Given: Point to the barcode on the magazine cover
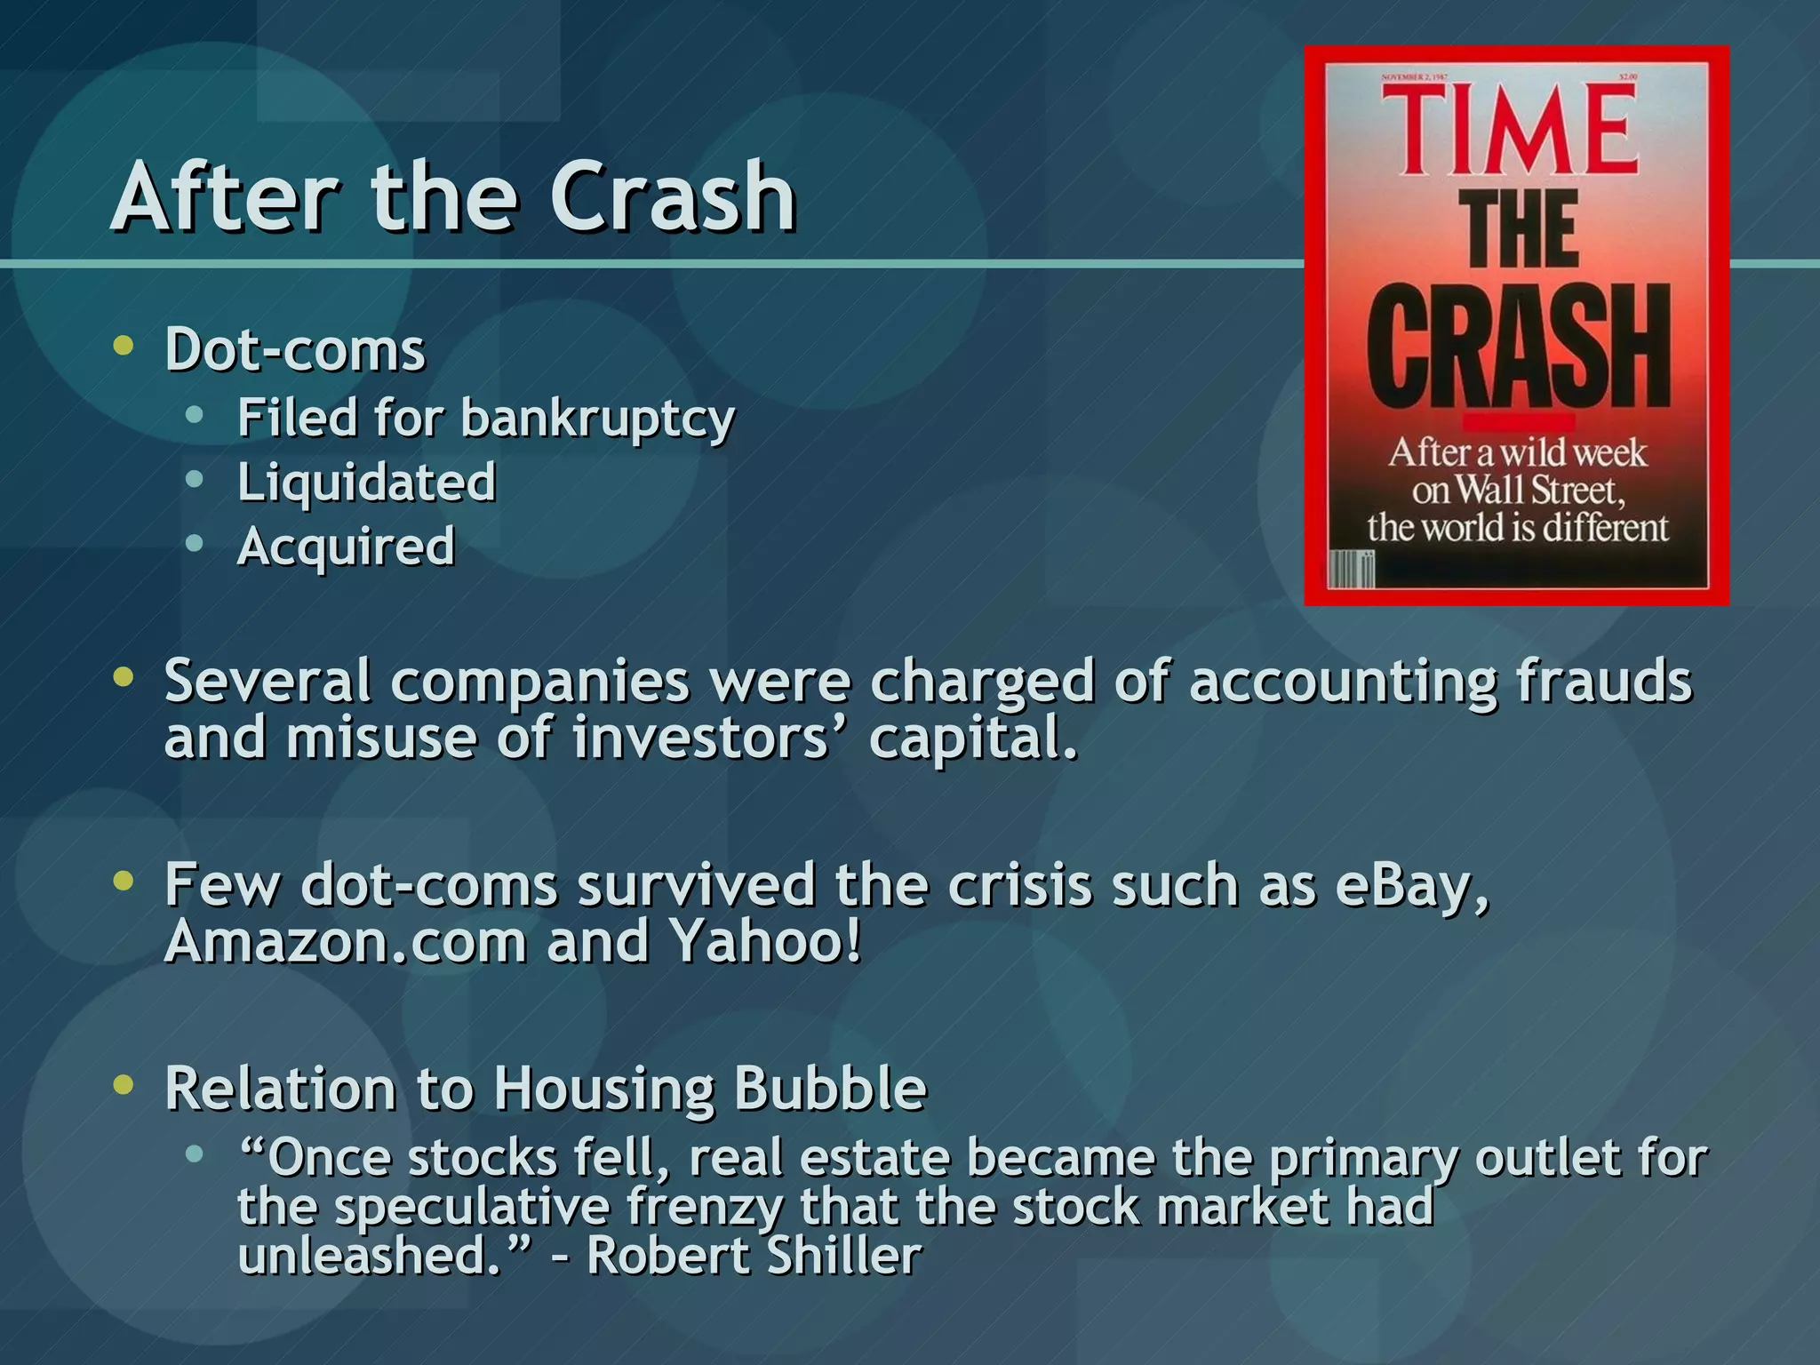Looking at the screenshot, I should point(1352,569).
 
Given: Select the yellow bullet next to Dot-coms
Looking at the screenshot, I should point(124,346).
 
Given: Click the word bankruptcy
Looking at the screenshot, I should point(597,418).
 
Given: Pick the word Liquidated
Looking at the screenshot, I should point(366,483).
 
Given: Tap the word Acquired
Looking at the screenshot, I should point(346,547).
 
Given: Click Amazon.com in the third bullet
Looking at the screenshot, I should point(346,941).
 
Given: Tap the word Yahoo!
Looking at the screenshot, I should point(765,941).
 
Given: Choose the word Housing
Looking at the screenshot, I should point(604,1089).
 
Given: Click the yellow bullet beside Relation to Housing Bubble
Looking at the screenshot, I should point(124,1085).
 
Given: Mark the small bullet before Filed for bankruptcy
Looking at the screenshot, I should point(195,415).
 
